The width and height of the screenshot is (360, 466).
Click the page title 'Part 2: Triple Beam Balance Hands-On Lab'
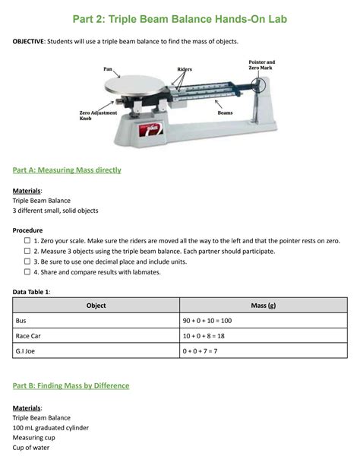coord(179,18)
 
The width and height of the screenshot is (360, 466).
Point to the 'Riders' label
coord(185,69)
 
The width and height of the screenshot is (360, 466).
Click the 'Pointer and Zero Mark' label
coord(261,65)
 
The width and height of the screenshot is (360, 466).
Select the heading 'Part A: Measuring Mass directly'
coord(67,170)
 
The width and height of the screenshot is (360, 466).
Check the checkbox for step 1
coord(27,239)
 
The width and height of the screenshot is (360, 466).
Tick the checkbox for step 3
coord(27,261)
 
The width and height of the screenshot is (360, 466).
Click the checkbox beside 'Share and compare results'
coord(27,271)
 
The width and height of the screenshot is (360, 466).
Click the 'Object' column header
coord(96,306)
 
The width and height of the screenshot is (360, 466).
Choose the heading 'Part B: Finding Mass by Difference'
coord(71,386)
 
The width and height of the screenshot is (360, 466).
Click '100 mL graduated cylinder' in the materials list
coord(51,428)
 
